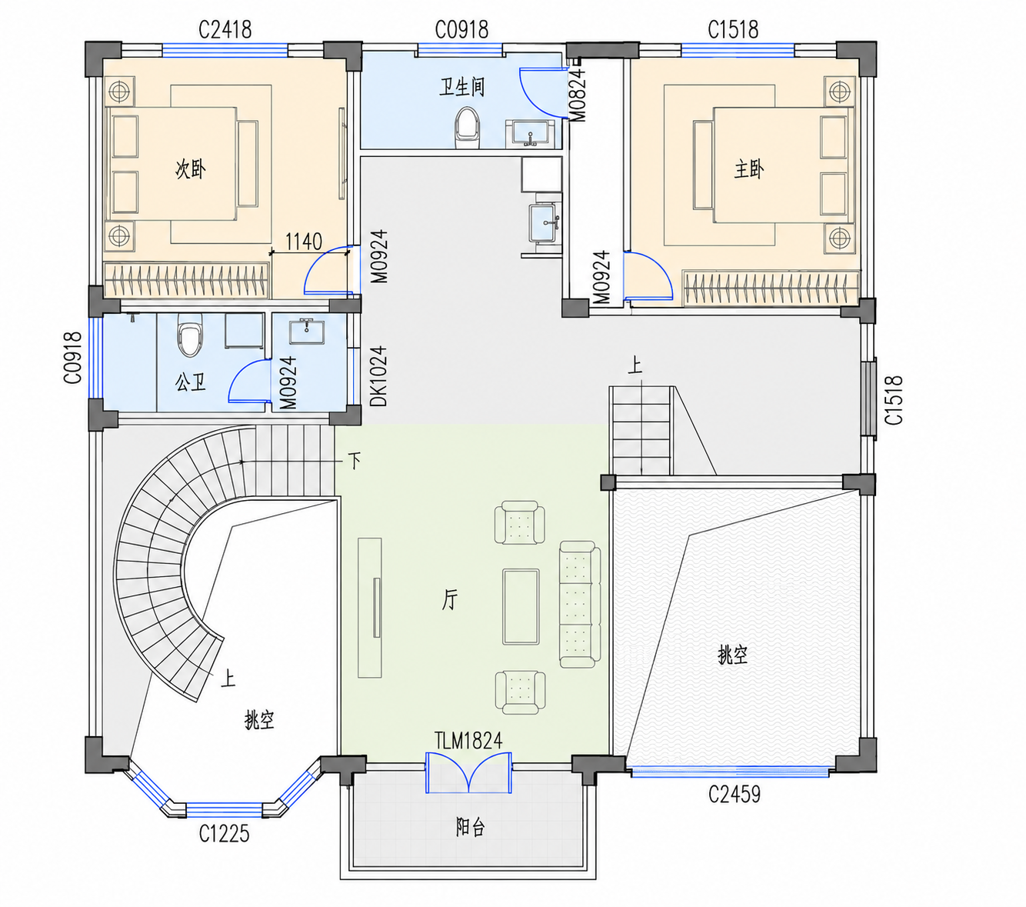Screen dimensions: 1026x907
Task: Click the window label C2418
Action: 225,30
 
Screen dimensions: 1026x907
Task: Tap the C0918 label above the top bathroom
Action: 461,30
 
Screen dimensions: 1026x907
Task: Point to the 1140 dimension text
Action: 303,242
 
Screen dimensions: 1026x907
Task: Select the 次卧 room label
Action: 191,168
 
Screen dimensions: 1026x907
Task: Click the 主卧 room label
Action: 749,168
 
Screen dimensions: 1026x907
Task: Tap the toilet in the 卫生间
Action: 467,128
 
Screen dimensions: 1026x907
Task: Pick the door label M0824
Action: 578,95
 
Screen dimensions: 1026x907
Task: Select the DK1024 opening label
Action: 378,376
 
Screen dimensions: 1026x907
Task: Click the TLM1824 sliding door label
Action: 468,741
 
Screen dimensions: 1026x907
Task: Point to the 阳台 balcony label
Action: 470,828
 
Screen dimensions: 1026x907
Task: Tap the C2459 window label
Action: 735,794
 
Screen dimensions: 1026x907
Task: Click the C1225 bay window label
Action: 225,833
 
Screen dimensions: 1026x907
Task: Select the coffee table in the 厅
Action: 521,606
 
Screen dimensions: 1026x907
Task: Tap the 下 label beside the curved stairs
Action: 355,461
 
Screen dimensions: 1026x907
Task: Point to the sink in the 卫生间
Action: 530,133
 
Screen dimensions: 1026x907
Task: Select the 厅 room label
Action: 450,600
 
